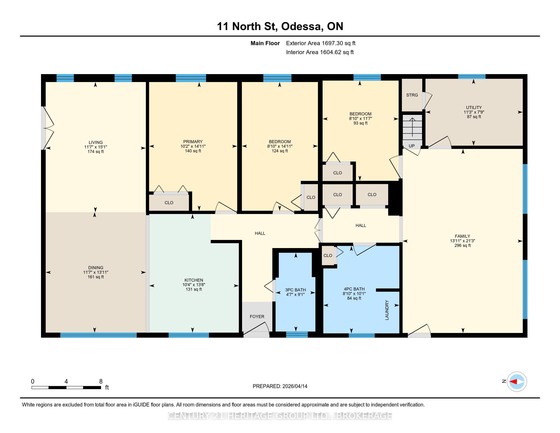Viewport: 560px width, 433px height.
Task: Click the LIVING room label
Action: tap(96, 142)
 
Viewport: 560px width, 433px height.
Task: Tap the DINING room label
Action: tap(96, 267)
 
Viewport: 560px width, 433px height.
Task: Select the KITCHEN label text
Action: tap(194, 280)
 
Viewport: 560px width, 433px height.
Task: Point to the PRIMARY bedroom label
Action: tap(193, 142)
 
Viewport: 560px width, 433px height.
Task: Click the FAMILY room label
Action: tap(463, 236)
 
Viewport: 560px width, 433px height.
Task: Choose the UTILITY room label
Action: tap(474, 107)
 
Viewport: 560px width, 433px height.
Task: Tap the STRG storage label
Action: tap(412, 95)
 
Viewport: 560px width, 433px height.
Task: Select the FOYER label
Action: tap(257, 317)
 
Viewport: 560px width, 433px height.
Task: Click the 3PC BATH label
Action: tap(295, 290)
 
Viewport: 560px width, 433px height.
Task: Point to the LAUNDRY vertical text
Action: tap(387, 310)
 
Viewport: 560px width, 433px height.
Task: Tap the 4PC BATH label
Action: tap(354, 289)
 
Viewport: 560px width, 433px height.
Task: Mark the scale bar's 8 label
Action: tap(101, 382)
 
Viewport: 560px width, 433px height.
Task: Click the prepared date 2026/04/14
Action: tap(295, 386)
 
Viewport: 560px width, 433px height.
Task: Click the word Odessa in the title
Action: tap(302, 26)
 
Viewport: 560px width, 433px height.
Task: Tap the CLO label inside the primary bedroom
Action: tap(169, 203)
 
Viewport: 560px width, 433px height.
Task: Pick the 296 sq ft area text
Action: tap(463, 246)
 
